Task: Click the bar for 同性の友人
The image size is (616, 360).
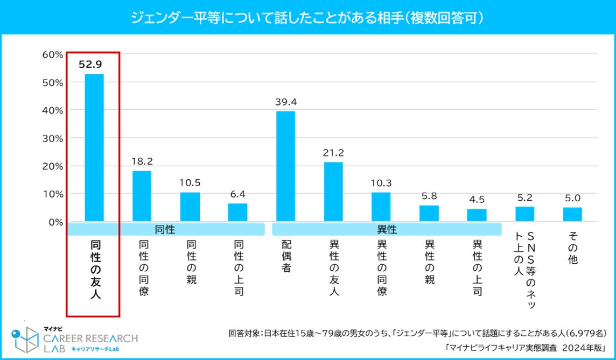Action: pyautogui.click(x=94, y=147)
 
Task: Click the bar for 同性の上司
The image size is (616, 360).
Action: pyautogui.click(x=237, y=212)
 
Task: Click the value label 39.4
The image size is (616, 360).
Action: pyautogui.click(x=285, y=102)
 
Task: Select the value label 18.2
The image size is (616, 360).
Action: pyautogui.click(x=142, y=161)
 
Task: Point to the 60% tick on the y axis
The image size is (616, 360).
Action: pyautogui.click(x=53, y=54)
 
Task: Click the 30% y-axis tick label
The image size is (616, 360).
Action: pyautogui.click(x=53, y=138)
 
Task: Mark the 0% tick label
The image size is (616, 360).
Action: pyautogui.click(x=55, y=222)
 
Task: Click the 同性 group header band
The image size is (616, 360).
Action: pyautogui.click(x=165, y=229)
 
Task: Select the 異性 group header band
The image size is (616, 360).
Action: pyautogui.click(x=386, y=229)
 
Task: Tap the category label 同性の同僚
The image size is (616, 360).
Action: pyautogui.click(x=142, y=267)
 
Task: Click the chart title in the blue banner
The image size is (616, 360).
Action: pyautogui.click(x=307, y=18)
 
